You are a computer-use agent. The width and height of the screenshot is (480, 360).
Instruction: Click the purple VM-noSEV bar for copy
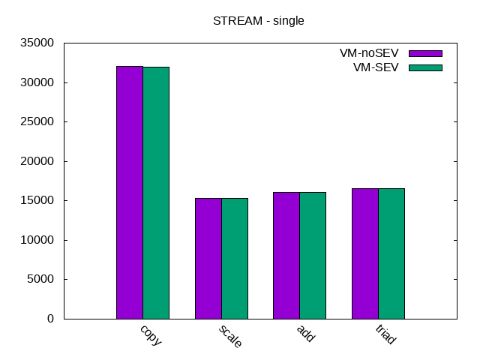click(x=130, y=192)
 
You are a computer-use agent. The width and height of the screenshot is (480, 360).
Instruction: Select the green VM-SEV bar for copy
click(x=156, y=193)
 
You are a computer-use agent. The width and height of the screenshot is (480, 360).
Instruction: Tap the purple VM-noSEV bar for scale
click(x=208, y=258)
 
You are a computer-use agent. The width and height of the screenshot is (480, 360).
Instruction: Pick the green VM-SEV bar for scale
click(x=234, y=258)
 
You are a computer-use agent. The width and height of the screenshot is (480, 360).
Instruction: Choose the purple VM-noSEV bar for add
click(x=286, y=255)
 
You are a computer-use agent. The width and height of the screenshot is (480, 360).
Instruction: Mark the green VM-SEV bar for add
click(x=313, y=255)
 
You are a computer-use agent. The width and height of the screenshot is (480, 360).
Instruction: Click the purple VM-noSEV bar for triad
click(x=365, y=253)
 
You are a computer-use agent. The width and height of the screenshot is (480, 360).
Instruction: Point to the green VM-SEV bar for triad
click(x=391, y=253)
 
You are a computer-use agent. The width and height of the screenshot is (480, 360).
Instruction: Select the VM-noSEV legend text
click(x=369, y=53)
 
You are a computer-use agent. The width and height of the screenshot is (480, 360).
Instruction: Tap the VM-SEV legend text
click(x=376, y=67)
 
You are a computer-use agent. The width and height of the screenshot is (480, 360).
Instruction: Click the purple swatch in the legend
click(x=425, y=53)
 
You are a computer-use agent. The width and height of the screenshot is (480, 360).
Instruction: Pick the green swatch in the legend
click(x=425, y=67)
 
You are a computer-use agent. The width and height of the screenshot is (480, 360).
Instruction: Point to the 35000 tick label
click(x=37, y=43)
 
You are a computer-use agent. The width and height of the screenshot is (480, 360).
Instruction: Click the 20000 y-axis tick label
click(x=37, y=161)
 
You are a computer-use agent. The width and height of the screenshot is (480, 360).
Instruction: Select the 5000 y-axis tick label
click(x=40, y=280)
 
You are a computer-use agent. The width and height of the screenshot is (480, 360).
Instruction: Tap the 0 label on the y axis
click(x=51, y=319)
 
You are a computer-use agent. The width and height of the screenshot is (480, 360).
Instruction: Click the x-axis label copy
click(x=151, y=335)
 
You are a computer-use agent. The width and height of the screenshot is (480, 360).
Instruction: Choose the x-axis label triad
click(x=385, y=335)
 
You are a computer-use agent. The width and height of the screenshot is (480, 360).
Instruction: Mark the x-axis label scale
click(x=230, y=337)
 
